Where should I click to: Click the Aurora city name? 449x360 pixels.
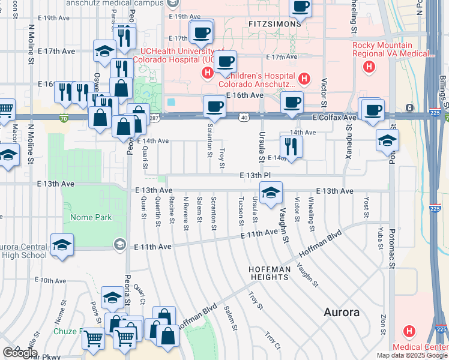pos(341,313)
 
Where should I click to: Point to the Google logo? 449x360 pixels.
pos(20,352)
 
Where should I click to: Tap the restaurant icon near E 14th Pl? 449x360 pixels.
pos(291,146)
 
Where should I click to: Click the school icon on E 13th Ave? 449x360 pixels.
pos(271,193)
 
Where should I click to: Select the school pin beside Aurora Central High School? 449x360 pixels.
pos(62,245)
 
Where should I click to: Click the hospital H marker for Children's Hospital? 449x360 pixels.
pos(304,78)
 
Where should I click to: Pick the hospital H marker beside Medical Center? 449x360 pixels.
pos(409,331)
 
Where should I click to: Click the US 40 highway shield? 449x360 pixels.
pos(243,117)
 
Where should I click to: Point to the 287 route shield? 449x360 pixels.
pos(154,117)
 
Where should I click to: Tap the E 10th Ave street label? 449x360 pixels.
pos(50,280)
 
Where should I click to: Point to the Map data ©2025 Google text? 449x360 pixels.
pos(411,355)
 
